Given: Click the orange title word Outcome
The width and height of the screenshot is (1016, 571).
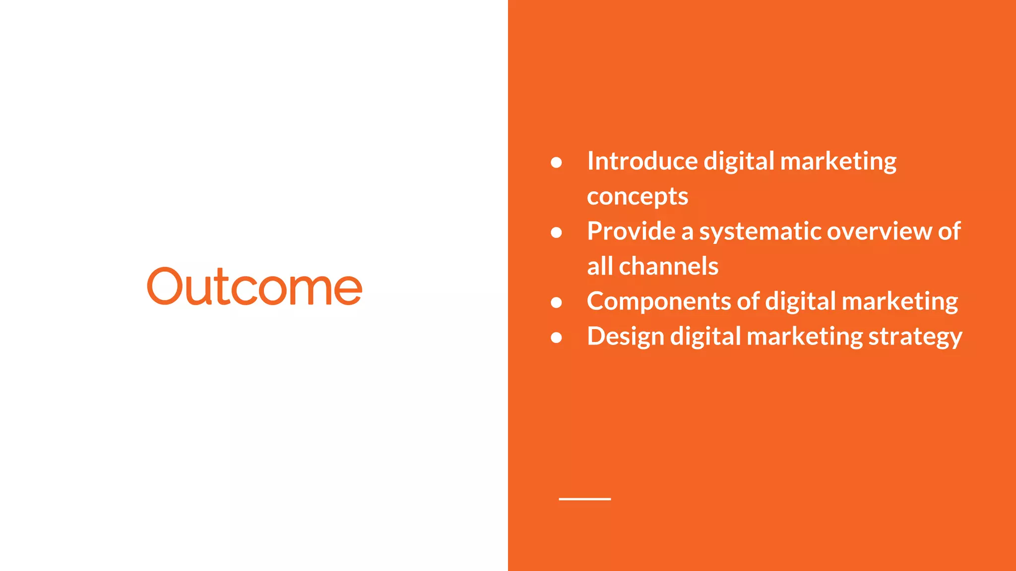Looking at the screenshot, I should (254, 286).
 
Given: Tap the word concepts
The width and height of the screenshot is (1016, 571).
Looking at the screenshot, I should (637, 197).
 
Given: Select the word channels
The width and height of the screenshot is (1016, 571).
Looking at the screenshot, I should (668, 267).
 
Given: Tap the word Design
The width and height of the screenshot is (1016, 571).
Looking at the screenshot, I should (625, 337).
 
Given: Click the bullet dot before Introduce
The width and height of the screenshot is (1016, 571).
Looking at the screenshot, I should (556, 163).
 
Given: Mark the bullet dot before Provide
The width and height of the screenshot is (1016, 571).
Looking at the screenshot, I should (556, 232).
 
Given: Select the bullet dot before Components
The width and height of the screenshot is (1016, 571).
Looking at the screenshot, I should (556, 302).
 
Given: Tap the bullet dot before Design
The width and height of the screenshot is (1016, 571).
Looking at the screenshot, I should (556, 338).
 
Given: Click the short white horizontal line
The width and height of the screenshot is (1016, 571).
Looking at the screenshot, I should (584, 499).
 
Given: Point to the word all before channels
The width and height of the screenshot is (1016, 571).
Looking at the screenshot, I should (600, 267).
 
